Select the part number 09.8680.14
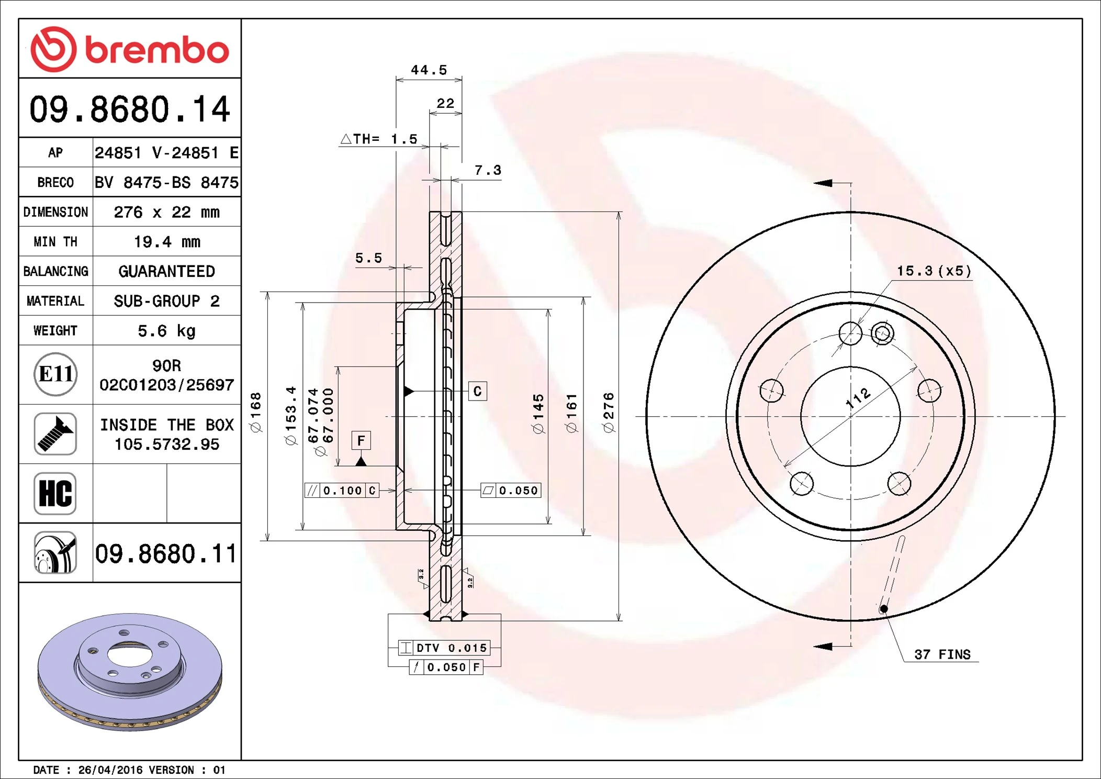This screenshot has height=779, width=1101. (130, 109)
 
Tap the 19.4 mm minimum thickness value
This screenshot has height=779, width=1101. (166, 242)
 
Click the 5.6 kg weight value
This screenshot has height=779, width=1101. (166, 331)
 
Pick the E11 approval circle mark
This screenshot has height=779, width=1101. (55, 374)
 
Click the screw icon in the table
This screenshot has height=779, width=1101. (55, 433)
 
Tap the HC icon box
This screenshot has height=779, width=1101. (55, 493)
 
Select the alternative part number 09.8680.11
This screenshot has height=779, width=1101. (165, 553)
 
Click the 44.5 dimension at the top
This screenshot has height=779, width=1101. (429, 70)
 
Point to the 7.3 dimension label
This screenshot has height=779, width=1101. (488, 170)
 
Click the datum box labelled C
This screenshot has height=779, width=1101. (477, 391)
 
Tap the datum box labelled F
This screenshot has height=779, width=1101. (361, 441)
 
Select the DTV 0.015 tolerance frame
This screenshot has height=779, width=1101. (444, 648)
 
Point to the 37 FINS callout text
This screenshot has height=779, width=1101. (942, 654)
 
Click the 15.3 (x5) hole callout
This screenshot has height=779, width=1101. (934, 271)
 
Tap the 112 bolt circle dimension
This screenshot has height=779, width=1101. (858, 398)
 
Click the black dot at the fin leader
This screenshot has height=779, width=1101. (884, 609)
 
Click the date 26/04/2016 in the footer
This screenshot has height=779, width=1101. (110, 770)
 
